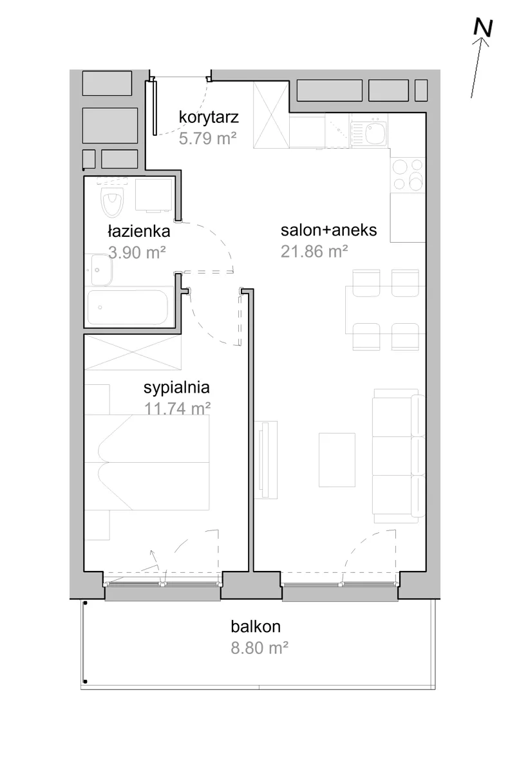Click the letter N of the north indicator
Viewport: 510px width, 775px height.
tap(484, 28)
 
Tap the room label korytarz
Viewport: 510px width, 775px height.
tap(209, 117)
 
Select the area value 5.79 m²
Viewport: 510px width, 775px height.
tap(208, 138)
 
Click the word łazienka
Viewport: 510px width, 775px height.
tap(139, 231)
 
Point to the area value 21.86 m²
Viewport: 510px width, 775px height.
tap(314, 252)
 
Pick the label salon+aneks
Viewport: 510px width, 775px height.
tap(328, 230)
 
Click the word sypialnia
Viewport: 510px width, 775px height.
tap(176, 387)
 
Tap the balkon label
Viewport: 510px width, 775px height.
tap(256, 626)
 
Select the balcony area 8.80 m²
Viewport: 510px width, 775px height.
tap(260, 648)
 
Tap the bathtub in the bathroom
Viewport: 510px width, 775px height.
tap(127, 308)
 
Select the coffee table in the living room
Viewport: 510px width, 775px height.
tap(337, 460)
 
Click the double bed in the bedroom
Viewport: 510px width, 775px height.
tap(147, 462)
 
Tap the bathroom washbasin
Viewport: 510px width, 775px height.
tap(102, 270)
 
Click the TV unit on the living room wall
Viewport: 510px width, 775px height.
tap(266, 460)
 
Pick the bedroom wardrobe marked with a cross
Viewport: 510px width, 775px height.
tap(133, 352)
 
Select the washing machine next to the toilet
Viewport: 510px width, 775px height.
tap(153, 194)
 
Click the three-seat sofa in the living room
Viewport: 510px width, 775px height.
tap(398, 456)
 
